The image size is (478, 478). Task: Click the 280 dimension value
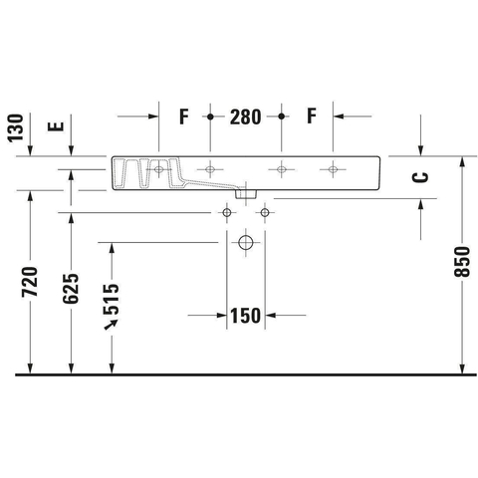[x=245, y=117]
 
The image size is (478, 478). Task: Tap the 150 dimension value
[x=245, y=316]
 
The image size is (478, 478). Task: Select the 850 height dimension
[x=462, y=262]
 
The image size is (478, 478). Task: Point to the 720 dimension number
[x=30, y=282]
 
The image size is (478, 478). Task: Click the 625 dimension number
[x=71, y=289]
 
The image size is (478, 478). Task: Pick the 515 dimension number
[x=111, y=299]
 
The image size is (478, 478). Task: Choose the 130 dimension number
[x=16, y=128]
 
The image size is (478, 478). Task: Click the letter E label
[x=56, y=126]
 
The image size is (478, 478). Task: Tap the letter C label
[x=420, y=177]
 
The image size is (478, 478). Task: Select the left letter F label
[x=184, y=117]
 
